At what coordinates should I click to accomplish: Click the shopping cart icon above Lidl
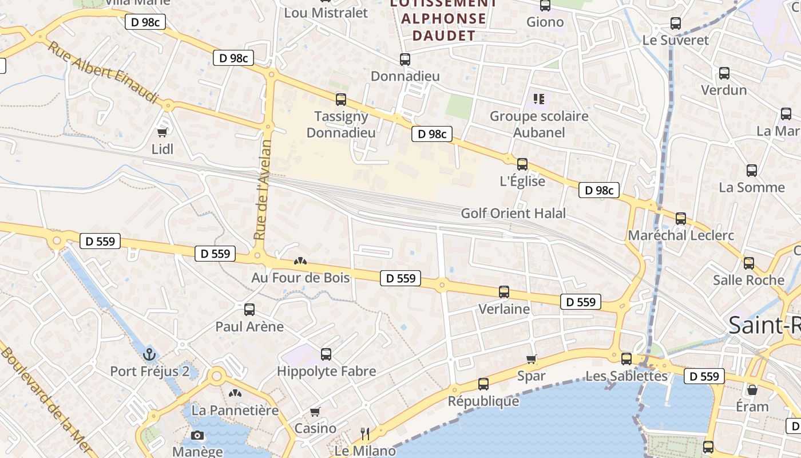[x=162, y=133]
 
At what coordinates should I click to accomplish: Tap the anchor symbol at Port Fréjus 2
[x=149, y=354]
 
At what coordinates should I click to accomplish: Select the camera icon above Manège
[x=197, y=435]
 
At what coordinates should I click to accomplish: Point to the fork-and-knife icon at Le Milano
[x=364, y=433]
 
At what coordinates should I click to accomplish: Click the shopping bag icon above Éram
[x=752, y=390]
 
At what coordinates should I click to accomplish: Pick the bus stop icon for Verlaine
[x=504, y=292]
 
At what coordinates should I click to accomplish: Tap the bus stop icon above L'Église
[x=522, y=164]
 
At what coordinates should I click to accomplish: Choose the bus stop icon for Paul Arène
[x=249, y=310]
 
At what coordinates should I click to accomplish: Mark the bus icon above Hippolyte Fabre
[x=326, y=354]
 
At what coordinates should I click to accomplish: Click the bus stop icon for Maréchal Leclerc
[x=681, y=219]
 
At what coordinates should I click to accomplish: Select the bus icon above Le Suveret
[x=676, y=23]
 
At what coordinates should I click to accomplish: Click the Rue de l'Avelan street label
[x=263, y=190]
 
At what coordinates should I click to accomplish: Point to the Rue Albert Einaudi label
[x=102, y=73]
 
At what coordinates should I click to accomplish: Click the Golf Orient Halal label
[x=513, y=214]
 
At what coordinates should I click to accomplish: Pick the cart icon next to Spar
[x=532, y=360]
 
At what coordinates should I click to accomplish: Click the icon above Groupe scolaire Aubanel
[x=539, y=99]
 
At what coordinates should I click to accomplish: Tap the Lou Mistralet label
[x=326, y=13]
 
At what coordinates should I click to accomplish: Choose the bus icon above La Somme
[x=752, y=170]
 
